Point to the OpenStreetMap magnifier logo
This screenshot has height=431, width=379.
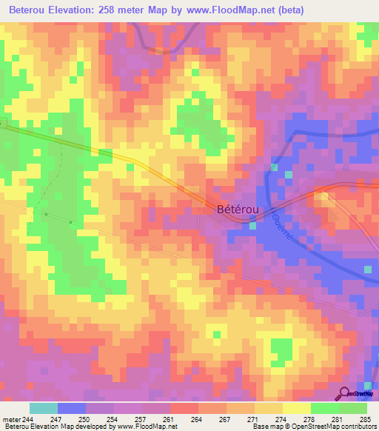345,394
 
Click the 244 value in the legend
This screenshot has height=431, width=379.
29,419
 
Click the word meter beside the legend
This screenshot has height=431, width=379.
11,419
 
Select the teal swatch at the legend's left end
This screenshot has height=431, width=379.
43,408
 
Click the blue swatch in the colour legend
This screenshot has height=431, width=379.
71,408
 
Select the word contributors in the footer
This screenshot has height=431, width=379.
356,427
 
